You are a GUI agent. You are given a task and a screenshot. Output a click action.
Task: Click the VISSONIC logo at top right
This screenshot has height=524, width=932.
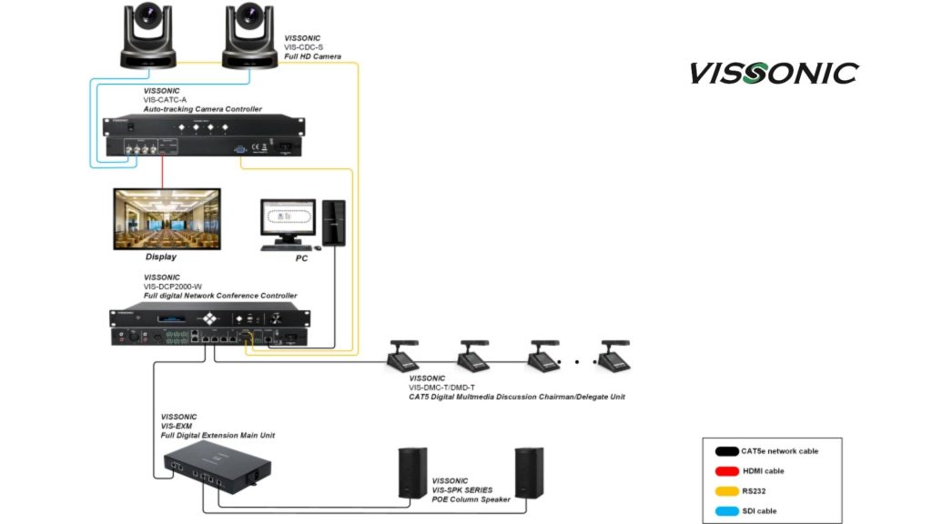point(773,73)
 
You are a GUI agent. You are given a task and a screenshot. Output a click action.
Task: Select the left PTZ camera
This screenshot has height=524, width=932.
point(150,35)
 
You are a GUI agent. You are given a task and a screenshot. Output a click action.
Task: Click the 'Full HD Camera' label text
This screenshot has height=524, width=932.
point(312,56)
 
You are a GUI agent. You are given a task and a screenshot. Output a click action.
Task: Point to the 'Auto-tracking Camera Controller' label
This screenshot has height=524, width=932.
point(202,109)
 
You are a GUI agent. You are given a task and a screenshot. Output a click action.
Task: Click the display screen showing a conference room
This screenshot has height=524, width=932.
point(167,218)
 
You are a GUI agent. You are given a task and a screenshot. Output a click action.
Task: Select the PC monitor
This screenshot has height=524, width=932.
point(287,221)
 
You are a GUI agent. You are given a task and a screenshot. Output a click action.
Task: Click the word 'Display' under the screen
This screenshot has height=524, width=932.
point(161,257)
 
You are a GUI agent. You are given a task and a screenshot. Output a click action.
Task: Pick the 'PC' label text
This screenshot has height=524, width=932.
point(301,258)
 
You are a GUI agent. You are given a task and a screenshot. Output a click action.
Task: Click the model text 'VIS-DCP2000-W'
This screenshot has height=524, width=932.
point(173,287)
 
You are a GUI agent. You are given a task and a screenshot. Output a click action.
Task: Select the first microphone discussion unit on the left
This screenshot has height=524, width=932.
point(403,357)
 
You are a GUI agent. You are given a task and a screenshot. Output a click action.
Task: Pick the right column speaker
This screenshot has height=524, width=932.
point(529,472)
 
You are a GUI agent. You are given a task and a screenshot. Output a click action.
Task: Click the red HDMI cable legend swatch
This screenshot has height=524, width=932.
point(726,470)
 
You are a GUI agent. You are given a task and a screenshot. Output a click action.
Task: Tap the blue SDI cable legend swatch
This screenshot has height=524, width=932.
point(726,510)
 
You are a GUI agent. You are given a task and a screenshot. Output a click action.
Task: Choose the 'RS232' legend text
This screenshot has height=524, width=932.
point(754,490)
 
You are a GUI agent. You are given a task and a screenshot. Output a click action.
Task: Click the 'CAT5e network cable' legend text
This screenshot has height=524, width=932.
point(779,451)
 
